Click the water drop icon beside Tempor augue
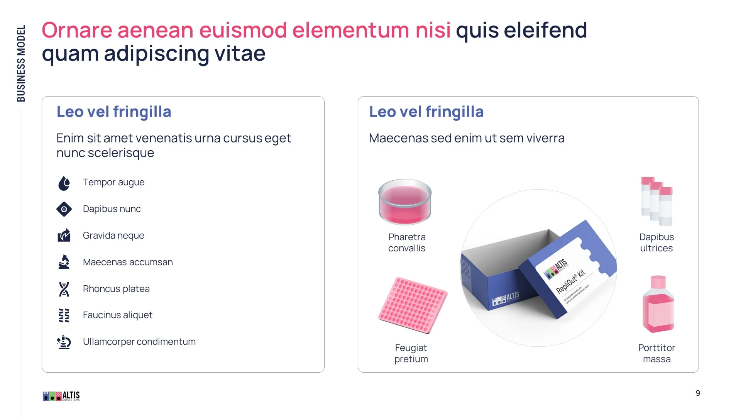[64, 183]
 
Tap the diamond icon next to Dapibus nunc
[64, 209]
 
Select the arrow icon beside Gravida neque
[64, 235]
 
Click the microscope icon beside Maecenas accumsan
[64, 262]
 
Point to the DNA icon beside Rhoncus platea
[64, 289]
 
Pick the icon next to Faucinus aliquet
[64, 315]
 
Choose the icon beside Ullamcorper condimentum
[64, 342]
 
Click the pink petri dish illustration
[405, 202]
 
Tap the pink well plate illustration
[413, 305]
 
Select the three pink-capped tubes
[656, 201]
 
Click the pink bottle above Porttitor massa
[658, 304]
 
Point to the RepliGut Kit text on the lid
[570, 281]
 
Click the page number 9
[698, 393]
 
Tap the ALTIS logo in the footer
[61, 396]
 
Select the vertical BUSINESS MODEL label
[21, 63]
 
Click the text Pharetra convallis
[407, 242]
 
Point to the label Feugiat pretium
[411, 353]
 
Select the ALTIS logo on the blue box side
[506, 298]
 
